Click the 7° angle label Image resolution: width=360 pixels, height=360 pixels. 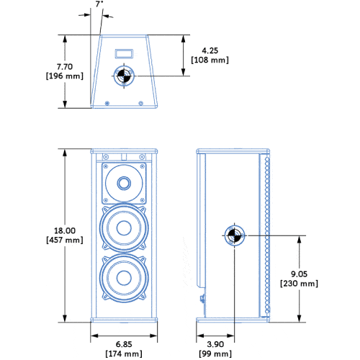click(99, 4)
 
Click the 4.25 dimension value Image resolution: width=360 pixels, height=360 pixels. click(210, 50)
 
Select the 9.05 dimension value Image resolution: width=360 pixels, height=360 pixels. click(298, 274)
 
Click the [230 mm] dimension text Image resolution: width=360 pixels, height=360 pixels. click(298, 284)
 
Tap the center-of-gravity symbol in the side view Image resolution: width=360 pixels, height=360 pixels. click(233, 235)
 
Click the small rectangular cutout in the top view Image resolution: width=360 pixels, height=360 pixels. click(123, 52)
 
